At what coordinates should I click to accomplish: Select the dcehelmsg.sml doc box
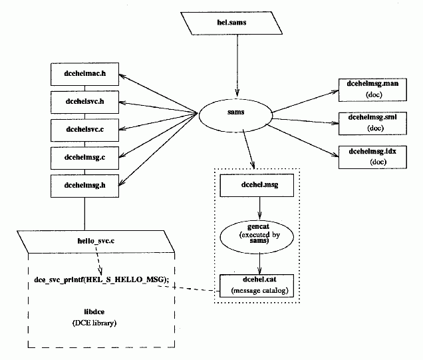tap(372, 122)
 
